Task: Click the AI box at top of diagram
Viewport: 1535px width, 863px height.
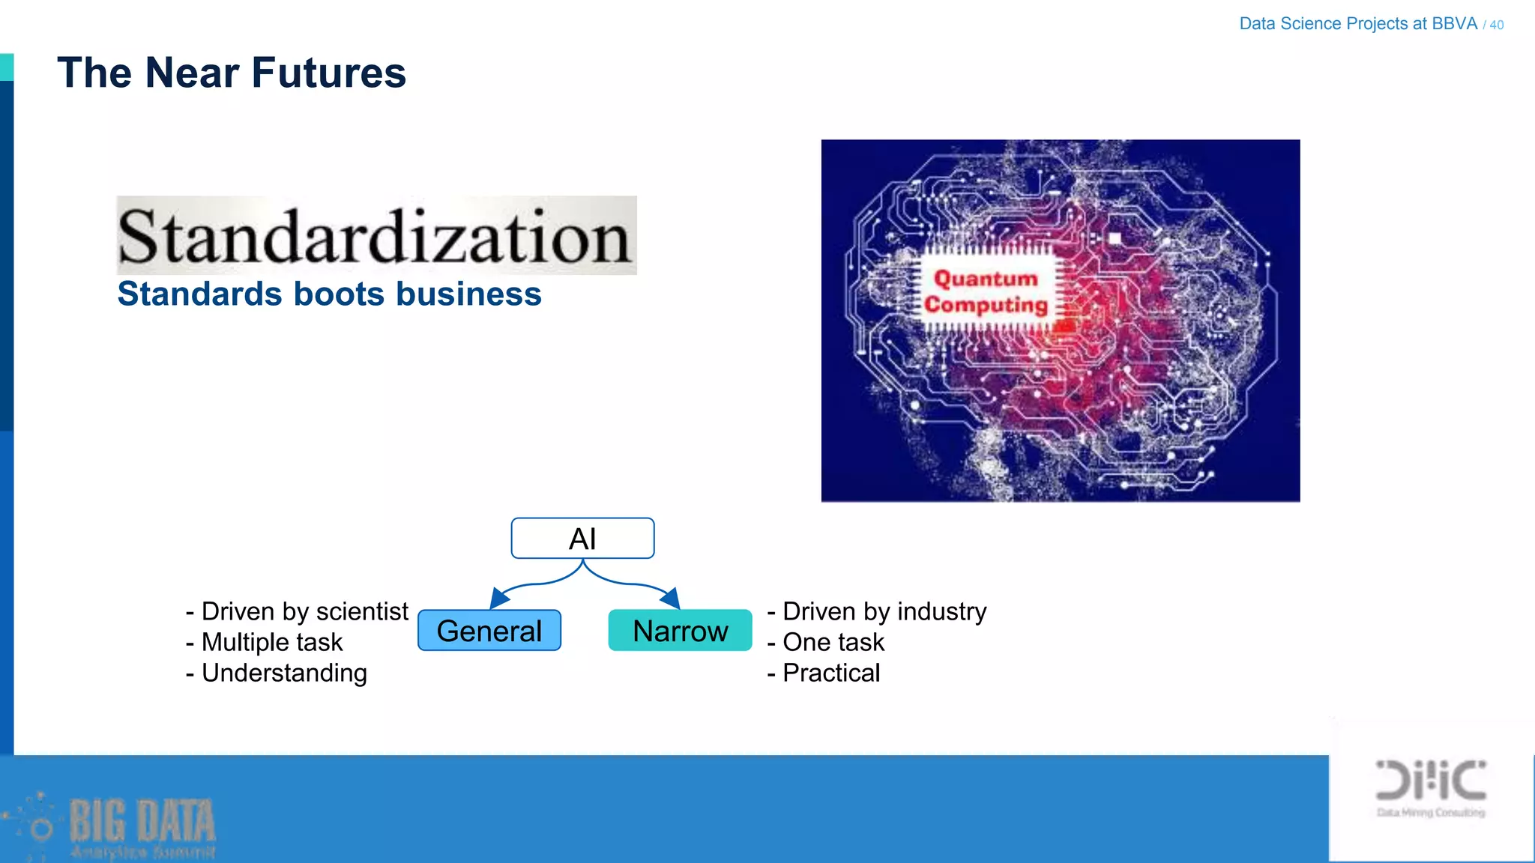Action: click(582, 539)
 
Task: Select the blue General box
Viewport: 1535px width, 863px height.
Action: click(489, 631)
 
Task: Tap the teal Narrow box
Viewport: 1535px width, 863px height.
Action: click(680, 631)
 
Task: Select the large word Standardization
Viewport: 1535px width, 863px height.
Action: click(375, 237)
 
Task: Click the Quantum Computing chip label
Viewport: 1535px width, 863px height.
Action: click(985, 291)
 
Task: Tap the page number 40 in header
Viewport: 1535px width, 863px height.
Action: click(1496, 25)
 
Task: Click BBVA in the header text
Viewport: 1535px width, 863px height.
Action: click(1454, 23)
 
